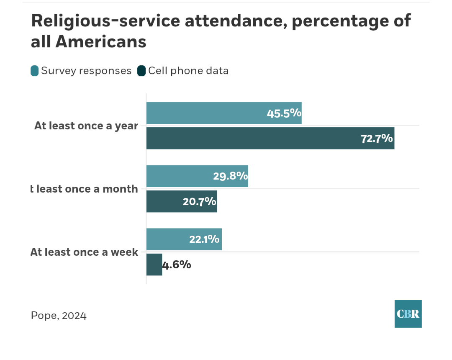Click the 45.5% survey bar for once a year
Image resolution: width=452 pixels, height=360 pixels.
209,113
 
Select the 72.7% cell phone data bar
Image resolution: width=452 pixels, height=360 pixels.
251,139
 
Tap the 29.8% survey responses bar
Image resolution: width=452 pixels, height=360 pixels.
180,176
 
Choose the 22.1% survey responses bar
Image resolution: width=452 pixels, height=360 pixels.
167,239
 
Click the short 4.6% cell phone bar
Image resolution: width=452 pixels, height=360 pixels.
154,265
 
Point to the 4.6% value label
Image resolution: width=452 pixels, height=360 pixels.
177,265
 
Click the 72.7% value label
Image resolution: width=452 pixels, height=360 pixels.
377,139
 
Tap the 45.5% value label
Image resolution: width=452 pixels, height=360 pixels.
284,113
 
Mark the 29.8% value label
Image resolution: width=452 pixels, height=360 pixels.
230,176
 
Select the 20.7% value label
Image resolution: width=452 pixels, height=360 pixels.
199,202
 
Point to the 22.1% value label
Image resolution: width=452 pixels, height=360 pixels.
204,239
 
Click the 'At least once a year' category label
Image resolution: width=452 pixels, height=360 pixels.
86,126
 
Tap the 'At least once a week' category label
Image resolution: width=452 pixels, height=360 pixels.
84,252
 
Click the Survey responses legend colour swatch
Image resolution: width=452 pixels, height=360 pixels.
35,71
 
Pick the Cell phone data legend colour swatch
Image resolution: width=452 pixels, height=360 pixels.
141,71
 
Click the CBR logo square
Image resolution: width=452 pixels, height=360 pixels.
408,314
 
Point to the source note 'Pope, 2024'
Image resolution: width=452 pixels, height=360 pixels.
59,315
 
